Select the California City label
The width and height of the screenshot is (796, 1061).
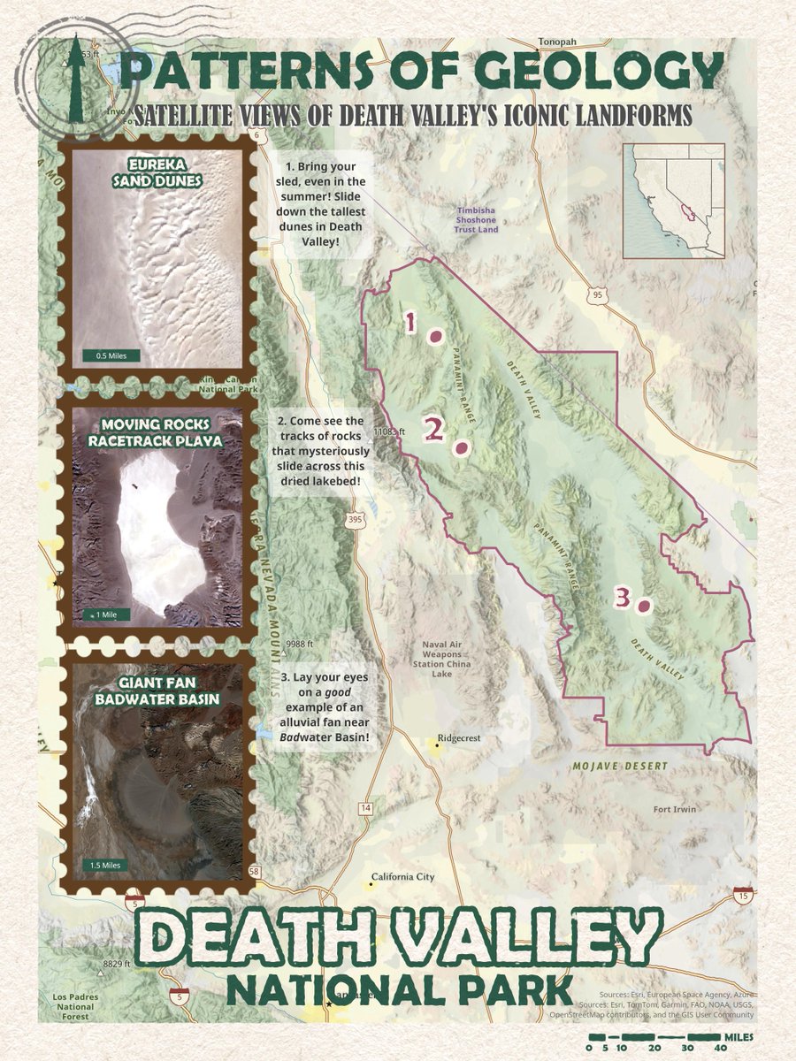coord(402,877)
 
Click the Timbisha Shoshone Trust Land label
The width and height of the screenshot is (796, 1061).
coord(478,219)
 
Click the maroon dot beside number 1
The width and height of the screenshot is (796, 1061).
coord(435,336)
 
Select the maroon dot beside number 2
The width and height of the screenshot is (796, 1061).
coord(460,449)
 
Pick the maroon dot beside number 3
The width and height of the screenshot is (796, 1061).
coord(644,607)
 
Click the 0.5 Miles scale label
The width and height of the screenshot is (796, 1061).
coord(111,356)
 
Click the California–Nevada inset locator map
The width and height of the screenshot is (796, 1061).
coord(673,202)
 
